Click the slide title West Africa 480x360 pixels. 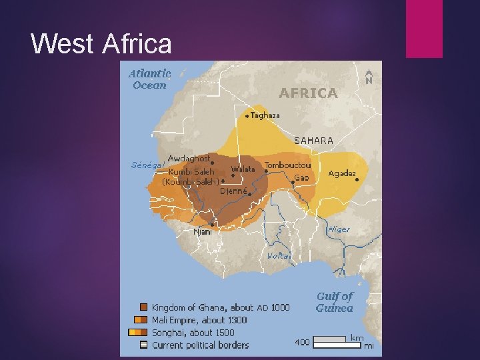tap(101, 44)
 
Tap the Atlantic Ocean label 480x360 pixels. tap(149, 79)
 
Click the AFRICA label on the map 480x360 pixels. tap(308, 93)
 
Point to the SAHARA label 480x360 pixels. tap(314, 141)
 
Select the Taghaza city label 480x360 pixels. tap(265, 115)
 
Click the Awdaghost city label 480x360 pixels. tap(189, 159)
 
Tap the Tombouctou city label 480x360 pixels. tap(288, 165)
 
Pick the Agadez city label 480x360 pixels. tap(342, 173)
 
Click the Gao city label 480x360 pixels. tap(301, 178)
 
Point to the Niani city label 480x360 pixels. tap(203, 232)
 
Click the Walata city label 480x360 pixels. tap(243, 169)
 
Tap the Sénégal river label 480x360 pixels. tap(147, 165)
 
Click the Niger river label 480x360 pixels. tap(338, 229)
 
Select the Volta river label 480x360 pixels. tap(278, 256)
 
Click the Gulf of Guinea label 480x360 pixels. tap(335, 301)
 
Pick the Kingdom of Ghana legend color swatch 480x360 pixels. tap(143, 307)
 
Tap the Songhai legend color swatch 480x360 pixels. tap(137, 332)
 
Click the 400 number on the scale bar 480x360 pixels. tap(302, 342)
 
